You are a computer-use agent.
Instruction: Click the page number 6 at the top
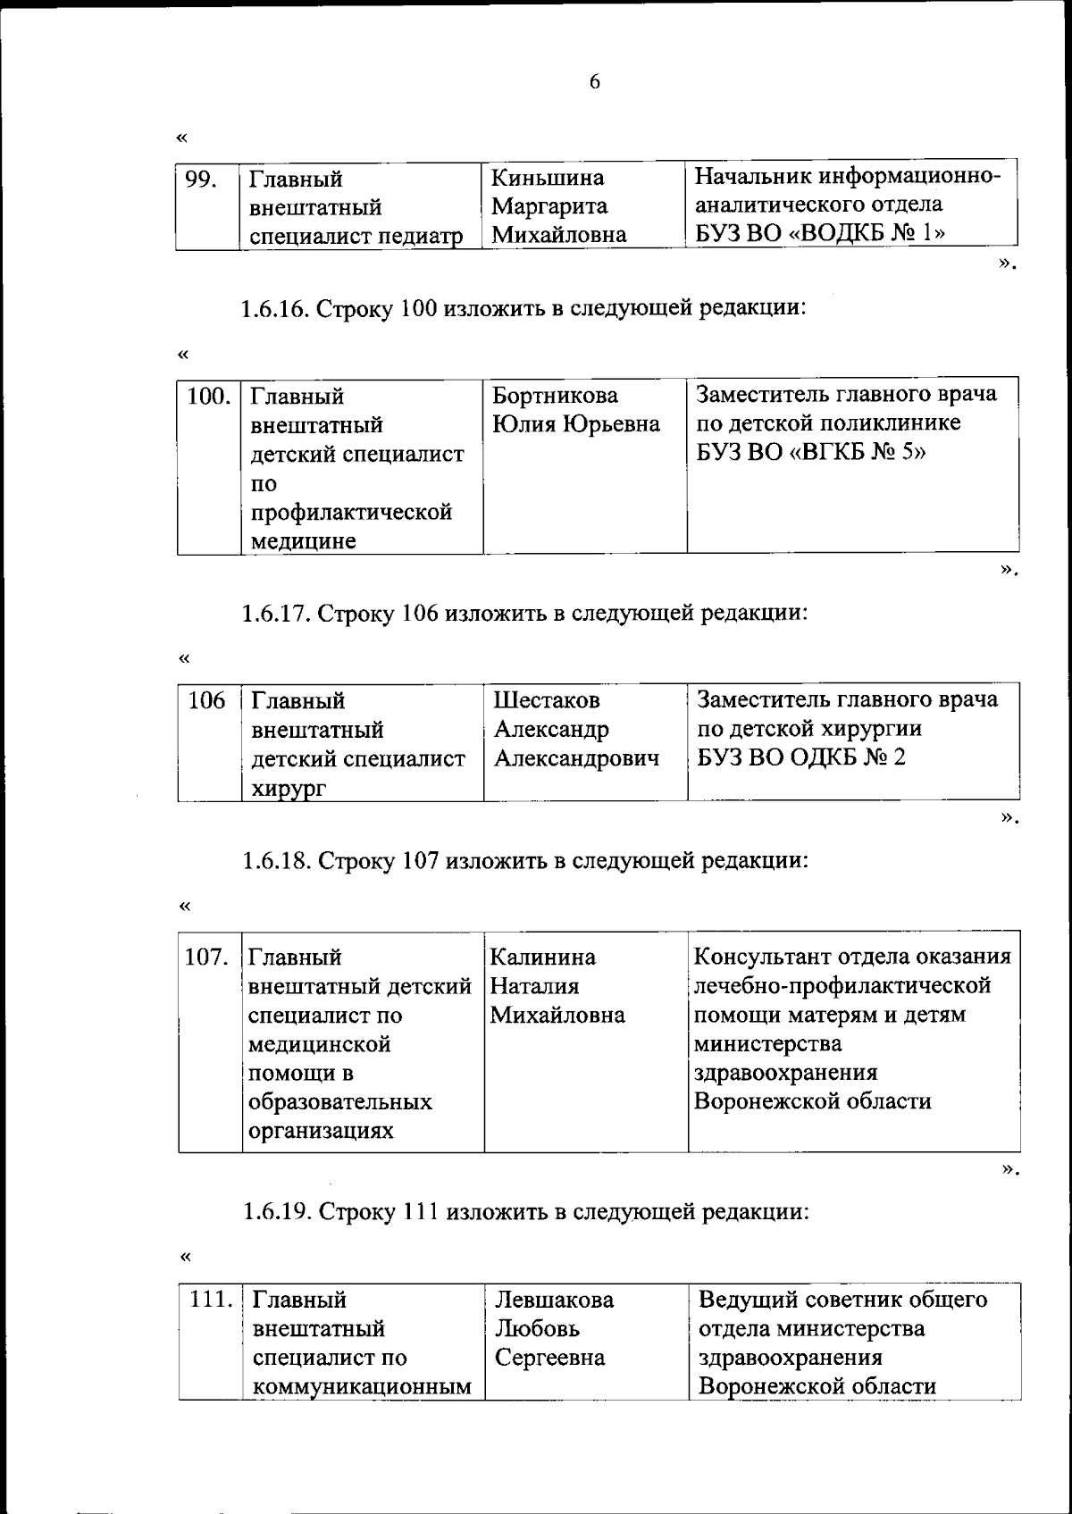pos(595,81)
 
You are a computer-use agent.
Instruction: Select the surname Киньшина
pos(548,178)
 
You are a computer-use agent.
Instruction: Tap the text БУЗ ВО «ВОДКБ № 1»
pos(821,234)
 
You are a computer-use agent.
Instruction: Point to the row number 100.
pos(209,396)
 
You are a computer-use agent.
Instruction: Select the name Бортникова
pos(555,395)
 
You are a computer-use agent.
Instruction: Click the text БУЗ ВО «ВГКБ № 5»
pos(810,452)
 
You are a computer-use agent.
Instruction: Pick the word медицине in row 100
pos(303,541)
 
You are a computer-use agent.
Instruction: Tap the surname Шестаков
pos(547,700)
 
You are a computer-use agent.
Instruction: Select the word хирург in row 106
pos(289,789)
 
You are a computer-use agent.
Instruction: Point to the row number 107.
pos(206,958)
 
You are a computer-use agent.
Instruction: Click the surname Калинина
pos(542,958)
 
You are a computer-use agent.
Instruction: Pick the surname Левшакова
pos(554,1301)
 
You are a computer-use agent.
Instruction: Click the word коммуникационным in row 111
pos(362,1387)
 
